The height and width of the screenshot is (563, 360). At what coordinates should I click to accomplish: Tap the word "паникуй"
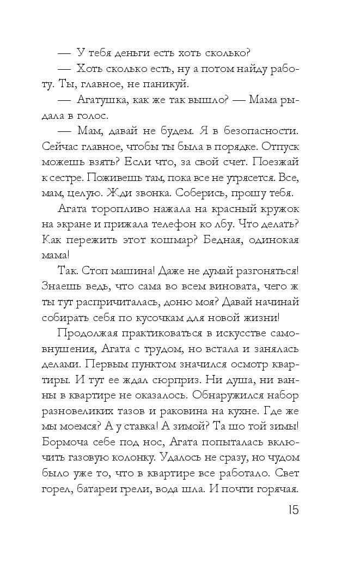[167, 84]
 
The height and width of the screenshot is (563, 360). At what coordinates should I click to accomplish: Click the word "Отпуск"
[279, 147]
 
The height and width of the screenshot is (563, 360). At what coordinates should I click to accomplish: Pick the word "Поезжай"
[277, 163]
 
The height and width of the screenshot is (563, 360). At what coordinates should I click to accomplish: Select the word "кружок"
[278, 210]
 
